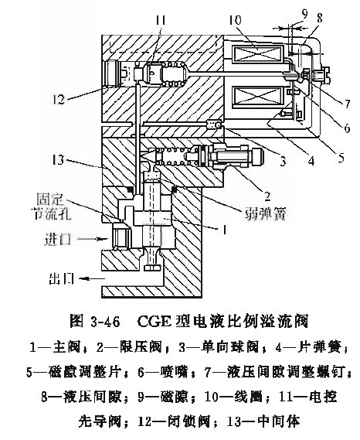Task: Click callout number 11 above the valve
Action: click(x=161, y=21)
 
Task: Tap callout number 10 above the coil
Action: click(x=235, y=21)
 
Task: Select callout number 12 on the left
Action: click(x=58, y=99)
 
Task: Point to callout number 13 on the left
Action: click(x=58, y=161)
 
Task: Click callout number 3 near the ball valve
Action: click(x=283, y=161)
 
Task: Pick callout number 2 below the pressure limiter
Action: click(x=267, y=196)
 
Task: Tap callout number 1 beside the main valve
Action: click(x=224, y=230)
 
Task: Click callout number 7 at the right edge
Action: click(x=348, y=104)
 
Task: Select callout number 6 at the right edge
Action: click(x=347, y=128)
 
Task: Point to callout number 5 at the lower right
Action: click(x=341, y=158)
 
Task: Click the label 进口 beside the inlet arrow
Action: click(x=56, y=240)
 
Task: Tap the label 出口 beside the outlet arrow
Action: click(x=61, y=278)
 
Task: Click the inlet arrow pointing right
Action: click(x=93, y=239)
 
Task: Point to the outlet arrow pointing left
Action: click(x=92, y=278)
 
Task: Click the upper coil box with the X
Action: click(x=258, y=53)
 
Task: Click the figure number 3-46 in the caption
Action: click(x=105, y=322)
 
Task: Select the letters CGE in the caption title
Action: click(x=155, y=322)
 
